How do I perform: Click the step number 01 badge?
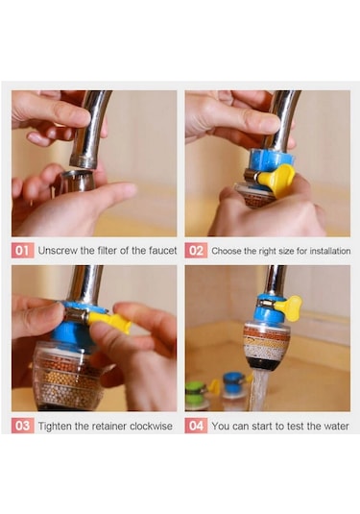(23, 251)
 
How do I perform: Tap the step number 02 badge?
(196, 251)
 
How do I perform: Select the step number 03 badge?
(23, 426)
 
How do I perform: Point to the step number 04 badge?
(196, 426)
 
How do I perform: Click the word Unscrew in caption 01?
(58, 251)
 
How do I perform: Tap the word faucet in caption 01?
(162, 251)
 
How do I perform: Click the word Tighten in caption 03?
(56, 426)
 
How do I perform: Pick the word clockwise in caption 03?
(151, 426)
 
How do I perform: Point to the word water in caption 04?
(336, 427)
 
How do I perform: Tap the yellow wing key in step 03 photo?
(110, 321)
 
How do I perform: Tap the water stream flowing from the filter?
(258, 389)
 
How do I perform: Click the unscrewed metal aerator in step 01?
(78, 181)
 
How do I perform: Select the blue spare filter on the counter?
(234, 389)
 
